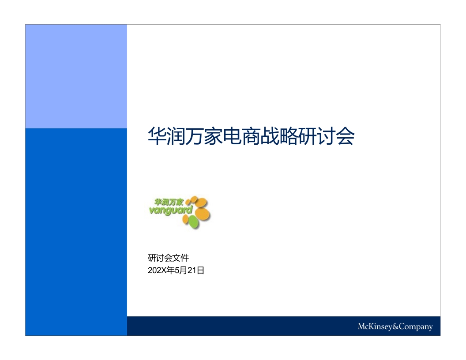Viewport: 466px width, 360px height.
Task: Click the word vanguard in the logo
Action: coord(171,210)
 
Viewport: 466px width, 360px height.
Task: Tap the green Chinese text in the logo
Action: coord(169,202)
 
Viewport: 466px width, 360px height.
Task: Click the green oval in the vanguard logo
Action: coord(193,222)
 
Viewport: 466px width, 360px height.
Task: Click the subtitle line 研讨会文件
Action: coord(168,258)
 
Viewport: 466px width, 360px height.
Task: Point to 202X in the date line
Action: coord(157,270)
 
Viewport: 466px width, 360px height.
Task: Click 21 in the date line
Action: coord(192,270)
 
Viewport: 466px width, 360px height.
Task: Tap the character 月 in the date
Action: coord(184,270)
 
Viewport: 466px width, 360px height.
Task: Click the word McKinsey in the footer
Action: coord(375,326)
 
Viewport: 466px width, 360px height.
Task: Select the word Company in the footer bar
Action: coord(416,327)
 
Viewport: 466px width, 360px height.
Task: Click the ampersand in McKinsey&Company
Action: coord(395,326)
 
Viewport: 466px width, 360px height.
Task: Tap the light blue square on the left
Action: coord(76,76)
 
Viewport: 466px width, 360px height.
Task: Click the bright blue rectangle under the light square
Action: coord(76,232)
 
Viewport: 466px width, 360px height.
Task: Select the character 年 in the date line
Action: coord(170,270)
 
